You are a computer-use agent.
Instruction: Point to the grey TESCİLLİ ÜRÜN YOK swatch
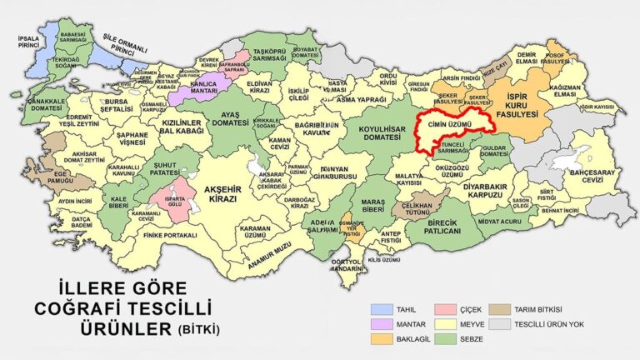(500, 324)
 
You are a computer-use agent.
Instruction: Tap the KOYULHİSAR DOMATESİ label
(382, 133)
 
